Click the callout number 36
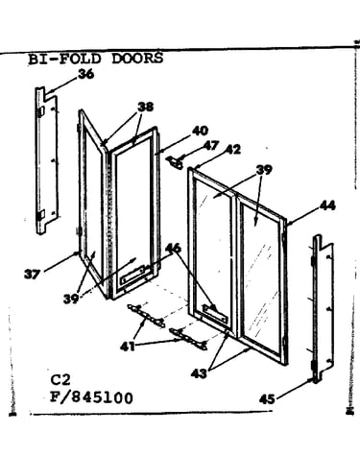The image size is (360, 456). coord(86,74)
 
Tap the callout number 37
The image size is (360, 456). coord(33,275)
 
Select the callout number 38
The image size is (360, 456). coord(145,107)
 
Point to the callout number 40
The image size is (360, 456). coord(200,131)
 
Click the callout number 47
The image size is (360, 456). coord(211,146)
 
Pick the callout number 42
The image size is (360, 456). coord(233,150)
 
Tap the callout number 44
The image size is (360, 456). coord(327,205)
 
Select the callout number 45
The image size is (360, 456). coord(267,399)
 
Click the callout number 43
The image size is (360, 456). coord(199,373)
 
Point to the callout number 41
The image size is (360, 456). coord(128,346)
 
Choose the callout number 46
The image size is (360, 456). coord(173,248)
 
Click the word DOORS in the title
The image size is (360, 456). coord(137,59)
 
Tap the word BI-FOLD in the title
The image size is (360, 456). coord(65,60)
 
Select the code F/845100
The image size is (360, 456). coord(91,398)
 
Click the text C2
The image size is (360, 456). coord(60,380)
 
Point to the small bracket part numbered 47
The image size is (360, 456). coord(176,162)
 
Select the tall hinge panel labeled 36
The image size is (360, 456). coord(47,160)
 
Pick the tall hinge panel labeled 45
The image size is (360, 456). coord(323,309)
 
